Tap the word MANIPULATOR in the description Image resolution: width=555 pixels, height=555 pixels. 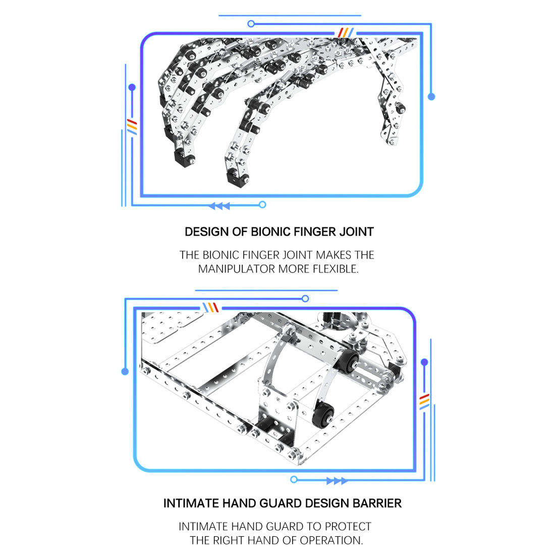(237, 269)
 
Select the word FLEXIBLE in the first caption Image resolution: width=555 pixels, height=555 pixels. (335, 269)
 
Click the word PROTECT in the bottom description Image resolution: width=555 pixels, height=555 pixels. (348, 527)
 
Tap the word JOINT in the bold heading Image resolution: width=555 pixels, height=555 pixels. (356, 232)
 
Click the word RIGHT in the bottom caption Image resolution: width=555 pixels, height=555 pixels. (230, 540)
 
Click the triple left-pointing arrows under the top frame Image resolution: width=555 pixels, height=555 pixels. (219, 205)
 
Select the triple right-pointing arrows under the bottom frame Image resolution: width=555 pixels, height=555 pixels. (337, 481)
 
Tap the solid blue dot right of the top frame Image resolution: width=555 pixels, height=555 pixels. (431, 96)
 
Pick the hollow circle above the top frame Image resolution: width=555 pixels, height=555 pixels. (251, 24)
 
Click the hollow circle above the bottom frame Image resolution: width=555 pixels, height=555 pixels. (305, 299)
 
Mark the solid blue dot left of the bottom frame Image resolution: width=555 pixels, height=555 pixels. (125, 371)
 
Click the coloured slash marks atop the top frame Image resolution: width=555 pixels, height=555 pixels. (346, 33)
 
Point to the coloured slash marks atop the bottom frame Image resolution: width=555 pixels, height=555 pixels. (210, 307)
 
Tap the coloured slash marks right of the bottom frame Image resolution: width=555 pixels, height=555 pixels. (424, 401)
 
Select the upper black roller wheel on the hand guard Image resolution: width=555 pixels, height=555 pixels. (349, 362)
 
